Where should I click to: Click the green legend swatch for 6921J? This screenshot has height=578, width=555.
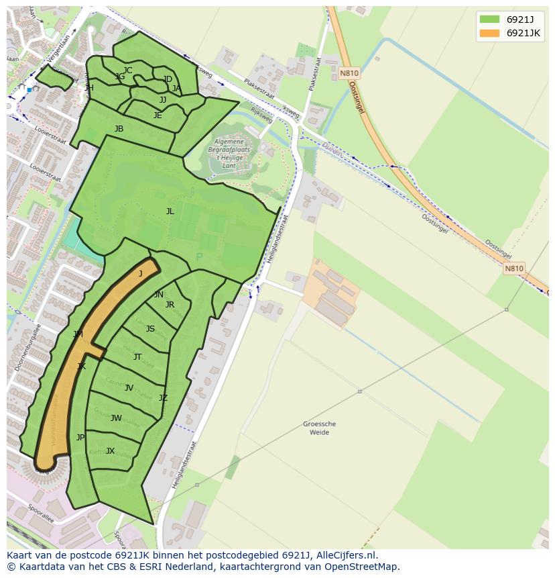(x=489, y=19)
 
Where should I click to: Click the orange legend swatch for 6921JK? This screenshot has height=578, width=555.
(x=489, y=33)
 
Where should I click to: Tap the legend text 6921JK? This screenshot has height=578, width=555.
(x=523, y=33)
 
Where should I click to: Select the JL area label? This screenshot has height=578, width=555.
(x=170, y=211)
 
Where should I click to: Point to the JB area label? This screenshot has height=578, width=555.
(x=119, y=129)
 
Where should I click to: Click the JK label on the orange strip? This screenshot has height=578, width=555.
(x=81, y=367)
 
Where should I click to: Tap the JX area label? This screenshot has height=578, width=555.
(x=110, y=451)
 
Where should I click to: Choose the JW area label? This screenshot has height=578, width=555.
(x=116, y=418)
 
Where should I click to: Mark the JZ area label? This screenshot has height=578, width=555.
(x=163, y=398)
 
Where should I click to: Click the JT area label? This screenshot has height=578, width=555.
(x=137, y=357)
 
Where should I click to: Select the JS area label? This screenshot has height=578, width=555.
(x=150, y=329)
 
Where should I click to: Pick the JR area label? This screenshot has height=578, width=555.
(x=170, y=305)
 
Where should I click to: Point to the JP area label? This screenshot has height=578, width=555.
(x=80, y=438)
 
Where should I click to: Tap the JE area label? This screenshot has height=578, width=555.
(x=158, y=115)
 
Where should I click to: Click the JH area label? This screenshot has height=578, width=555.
(x=89, y=88)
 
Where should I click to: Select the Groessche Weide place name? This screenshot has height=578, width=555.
(x=319, y=428)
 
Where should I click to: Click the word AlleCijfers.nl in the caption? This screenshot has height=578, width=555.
(x=345, y=555)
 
